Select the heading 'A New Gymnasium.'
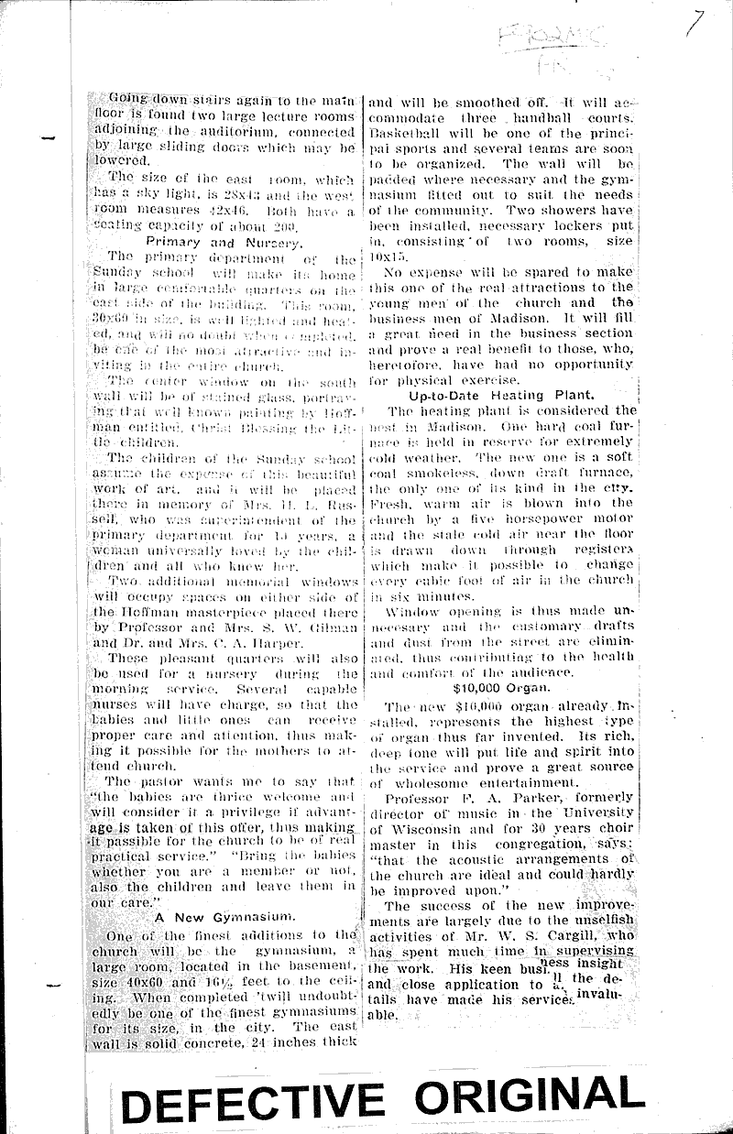[x=224, y=915]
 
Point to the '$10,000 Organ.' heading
[x=500, y=687]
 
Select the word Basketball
[x=404, y=133]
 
